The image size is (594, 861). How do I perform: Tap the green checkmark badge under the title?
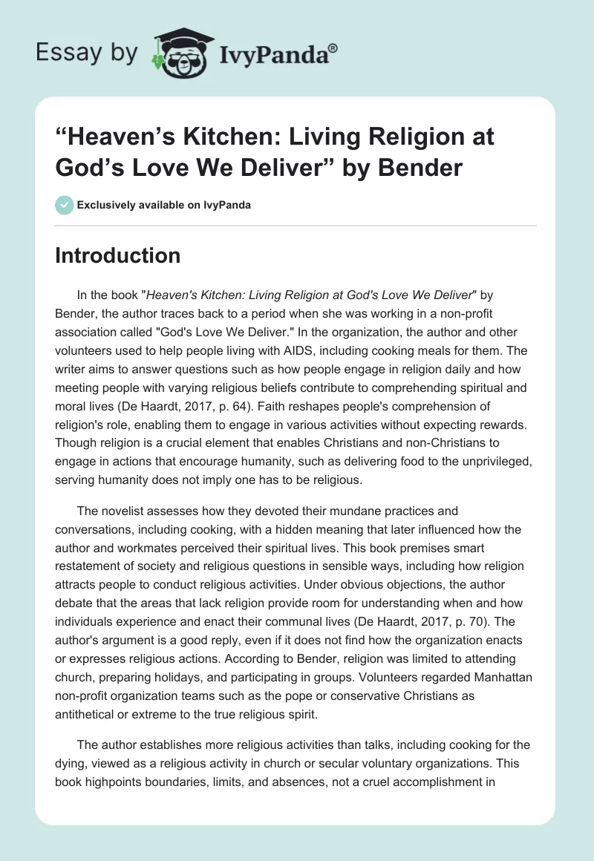click(64, 205)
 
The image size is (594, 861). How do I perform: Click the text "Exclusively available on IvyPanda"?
click(163, 206)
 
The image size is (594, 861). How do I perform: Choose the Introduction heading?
click(118, 255)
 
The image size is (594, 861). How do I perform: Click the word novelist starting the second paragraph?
click(121, 511)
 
